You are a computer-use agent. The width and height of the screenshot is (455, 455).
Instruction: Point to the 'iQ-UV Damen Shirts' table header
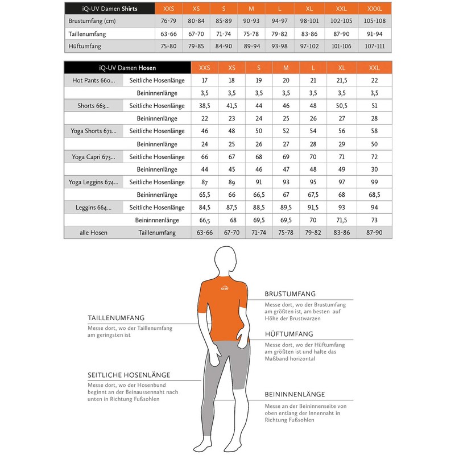tap(110, 9)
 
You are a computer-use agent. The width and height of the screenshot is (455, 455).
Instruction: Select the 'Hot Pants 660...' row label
tap(94, 80)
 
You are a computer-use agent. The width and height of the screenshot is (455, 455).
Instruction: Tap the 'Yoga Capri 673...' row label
tap(93, 157)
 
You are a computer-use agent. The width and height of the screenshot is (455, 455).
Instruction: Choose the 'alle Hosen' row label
tap(93, 233)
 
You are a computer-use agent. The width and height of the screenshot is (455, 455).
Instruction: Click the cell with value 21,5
tap(342, 80)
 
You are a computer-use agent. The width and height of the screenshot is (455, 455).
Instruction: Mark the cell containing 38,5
tap(204, 106)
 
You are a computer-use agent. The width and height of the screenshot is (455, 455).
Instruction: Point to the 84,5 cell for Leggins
tap(204, 207)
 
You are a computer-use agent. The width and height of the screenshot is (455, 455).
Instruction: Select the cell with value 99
tap(374, 182)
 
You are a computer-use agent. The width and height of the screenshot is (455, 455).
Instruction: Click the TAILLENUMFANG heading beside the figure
tap(116, 318)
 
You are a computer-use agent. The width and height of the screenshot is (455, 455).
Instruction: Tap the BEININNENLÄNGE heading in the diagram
tap(295, 394)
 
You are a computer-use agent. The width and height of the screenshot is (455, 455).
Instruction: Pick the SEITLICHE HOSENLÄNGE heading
tap(129, 375)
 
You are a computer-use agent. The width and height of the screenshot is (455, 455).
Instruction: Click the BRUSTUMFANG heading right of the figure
tap(290, 294)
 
